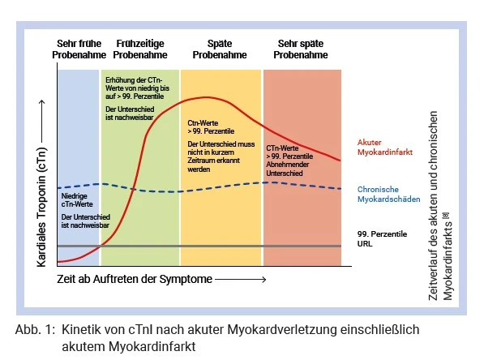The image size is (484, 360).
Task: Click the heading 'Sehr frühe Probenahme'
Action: [79, 49]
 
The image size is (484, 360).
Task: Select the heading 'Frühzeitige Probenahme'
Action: [140, 49]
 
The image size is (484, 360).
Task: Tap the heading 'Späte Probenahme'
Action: [220, 49]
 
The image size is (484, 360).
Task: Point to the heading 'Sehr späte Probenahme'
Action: [301, 49]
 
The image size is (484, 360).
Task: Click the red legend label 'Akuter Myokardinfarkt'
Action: [385, 148]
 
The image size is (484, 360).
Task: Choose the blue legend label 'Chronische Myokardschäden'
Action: [388, 195]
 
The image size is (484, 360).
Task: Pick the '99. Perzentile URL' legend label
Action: [382, 238]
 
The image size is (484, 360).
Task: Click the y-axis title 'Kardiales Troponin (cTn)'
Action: [41, 207]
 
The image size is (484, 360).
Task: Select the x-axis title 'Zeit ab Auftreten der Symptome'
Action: [135, 279]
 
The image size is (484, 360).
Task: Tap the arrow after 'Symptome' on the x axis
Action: [241, 280]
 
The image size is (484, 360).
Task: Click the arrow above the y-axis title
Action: [42, 122]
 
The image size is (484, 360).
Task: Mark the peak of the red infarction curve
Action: [204, 97]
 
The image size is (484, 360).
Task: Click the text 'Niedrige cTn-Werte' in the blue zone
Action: [77, 200]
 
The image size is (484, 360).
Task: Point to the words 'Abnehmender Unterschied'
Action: [288, 169]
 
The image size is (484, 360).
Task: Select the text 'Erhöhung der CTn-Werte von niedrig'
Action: [137, 84]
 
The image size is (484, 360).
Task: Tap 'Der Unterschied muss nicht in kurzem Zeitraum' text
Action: [221, 152]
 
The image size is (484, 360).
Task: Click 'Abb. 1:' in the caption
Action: [35, 330]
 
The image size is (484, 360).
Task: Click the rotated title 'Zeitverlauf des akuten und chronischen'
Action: [433, 206]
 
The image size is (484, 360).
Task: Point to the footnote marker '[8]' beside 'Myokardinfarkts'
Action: [446, 216]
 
